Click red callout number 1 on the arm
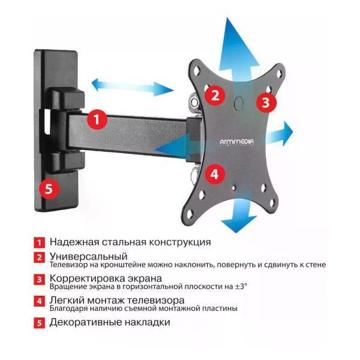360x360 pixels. (97, 119)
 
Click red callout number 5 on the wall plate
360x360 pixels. (50, 188)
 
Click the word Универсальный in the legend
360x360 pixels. (89, 257)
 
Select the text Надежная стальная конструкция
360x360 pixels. (130, 242)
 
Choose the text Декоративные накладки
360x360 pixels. (110, 322)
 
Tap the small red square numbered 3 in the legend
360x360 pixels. (39, 280)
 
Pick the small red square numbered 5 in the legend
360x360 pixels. (39, 323)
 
